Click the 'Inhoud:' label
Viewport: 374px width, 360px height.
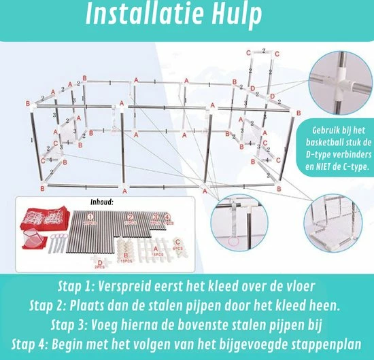click(104, 202)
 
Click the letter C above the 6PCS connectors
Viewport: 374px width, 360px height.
click(178, 240)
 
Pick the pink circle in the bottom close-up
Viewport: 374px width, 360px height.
click(235, 241)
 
